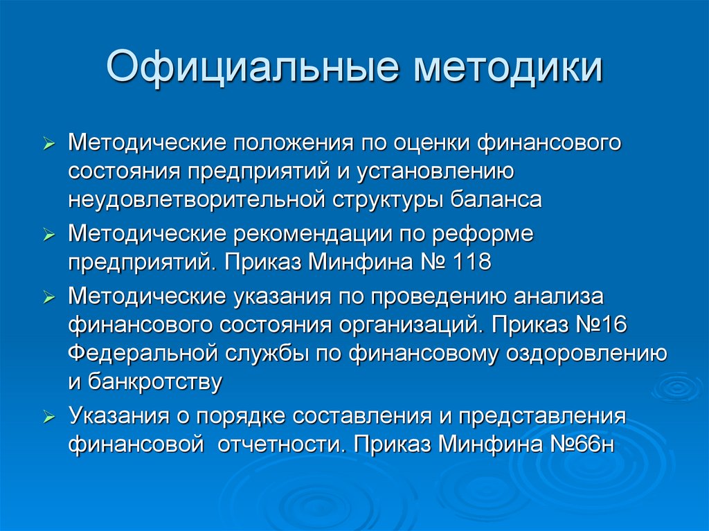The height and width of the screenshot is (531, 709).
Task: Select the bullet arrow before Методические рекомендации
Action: tap(48, 236)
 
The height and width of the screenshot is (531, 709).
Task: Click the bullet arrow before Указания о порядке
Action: tap(48, 417)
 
